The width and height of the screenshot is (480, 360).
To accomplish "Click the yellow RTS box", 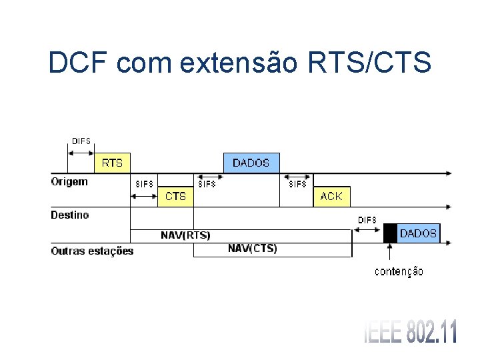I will (x=112, y=163).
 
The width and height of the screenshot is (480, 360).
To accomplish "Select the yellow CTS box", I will (x=175, y=196).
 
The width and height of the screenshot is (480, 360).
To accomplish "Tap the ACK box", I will (x=331, y=196).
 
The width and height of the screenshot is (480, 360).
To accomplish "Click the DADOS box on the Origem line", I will (x=251, y=163).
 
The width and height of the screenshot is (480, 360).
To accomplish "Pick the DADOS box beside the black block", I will (x=418, y=233).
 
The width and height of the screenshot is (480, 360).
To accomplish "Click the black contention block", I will (x=390, y=233).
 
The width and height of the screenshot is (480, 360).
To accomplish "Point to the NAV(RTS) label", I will (x=185, y=235).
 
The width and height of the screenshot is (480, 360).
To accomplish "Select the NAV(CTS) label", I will (x=253, y=249).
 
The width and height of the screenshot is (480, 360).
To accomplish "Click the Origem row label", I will (x=69, y=181).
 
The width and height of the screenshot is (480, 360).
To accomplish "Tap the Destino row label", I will (x=70, y=215).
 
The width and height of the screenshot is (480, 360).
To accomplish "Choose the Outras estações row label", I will (x=92, y=251).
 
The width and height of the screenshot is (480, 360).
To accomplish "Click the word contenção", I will (x=399, y=271).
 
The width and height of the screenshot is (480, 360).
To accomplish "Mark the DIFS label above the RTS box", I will (x=81, y=141).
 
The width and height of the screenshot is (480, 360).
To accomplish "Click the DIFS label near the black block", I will (x=367, y=220).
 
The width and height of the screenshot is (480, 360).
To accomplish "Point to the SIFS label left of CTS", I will (x=144, y=184).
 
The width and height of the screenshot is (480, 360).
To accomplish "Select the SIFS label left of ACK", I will (x=297, y=184).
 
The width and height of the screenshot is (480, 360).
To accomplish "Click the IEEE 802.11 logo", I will (x=411, y=332).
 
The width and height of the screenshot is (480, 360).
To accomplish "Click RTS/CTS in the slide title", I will (x=370, y=63).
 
